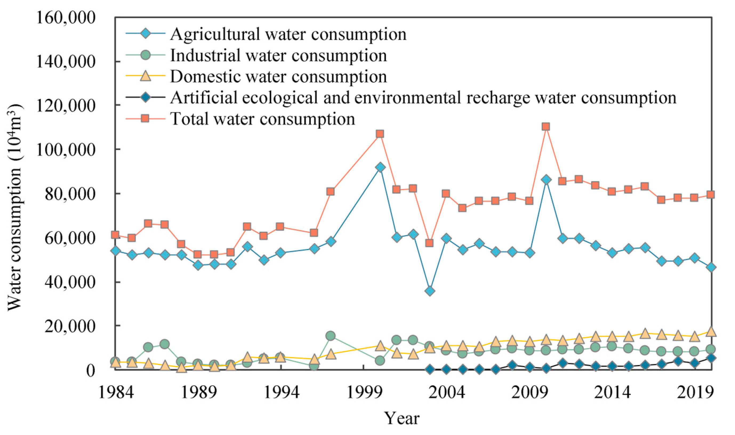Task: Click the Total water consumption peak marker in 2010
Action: click(545, 127)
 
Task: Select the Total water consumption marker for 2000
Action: click(380, 134)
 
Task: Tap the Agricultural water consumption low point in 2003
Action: click(429, 291)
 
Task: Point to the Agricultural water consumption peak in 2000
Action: click(380, 167)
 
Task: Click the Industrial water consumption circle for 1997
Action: click(330, 336)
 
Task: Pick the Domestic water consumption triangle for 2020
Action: click(711, 332)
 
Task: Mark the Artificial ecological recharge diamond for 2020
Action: click(711, 358)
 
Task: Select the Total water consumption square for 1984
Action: click(115, 235)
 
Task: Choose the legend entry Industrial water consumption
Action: click(278, 56)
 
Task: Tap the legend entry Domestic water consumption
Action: click(278, 77)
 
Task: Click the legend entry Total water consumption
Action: click(262, 119)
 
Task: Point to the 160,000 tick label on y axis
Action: click(66, 18)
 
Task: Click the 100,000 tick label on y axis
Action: click(66, 150)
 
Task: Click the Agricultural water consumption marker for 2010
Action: click(545, 180)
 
